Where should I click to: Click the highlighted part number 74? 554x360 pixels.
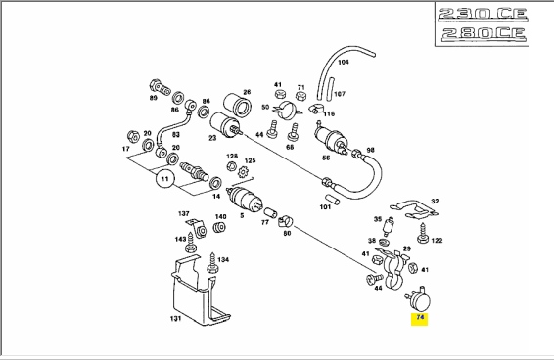tap(420, 317)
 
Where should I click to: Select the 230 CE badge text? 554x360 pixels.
tap(483, 14)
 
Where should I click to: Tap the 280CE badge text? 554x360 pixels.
tap(484, 33)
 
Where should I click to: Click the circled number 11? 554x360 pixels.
tap(165, 179)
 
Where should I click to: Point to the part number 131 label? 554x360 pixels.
tap(175, 318)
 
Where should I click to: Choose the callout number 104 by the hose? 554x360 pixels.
tap(344, 63)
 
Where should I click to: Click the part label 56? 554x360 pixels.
tap(326, 157)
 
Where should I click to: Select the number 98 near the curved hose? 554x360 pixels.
tap(370, 150)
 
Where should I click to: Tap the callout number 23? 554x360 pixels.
tap(212, 138)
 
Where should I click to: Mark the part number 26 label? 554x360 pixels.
tap(247, 92)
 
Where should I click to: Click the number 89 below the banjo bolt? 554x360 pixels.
tap(153, 98)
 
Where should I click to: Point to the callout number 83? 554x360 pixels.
tap(175, 135)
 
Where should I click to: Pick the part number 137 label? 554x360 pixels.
tap(184, 213)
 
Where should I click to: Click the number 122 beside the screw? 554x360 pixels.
tap(437, 241)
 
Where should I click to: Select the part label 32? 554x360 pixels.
tap(435, 201)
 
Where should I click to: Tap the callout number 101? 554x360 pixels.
tap(325, 207)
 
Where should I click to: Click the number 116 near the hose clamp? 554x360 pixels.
tap(329, 113)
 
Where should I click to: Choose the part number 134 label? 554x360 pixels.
tap(223, 260)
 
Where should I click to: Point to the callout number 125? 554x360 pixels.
tap(250, 161)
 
